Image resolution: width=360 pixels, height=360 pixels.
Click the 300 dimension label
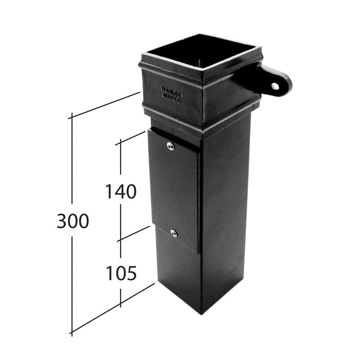pos(73,221)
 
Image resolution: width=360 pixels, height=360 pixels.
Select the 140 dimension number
pos(121,192)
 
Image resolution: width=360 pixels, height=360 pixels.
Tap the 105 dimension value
pos(121,273)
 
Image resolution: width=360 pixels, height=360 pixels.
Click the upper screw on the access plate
pos(170,145)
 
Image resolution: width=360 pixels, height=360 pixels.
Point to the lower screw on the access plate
pos(174,233)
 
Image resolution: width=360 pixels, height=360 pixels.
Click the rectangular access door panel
pos(173,189)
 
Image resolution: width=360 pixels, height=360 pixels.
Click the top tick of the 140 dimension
pos(120,144)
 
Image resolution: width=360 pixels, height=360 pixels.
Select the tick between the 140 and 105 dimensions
pos(120,241)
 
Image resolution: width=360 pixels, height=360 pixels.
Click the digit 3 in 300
pos(63,221)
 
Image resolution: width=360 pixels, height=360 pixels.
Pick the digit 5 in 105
pos(130,273)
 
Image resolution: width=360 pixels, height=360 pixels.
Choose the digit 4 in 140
pos(120,192)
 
